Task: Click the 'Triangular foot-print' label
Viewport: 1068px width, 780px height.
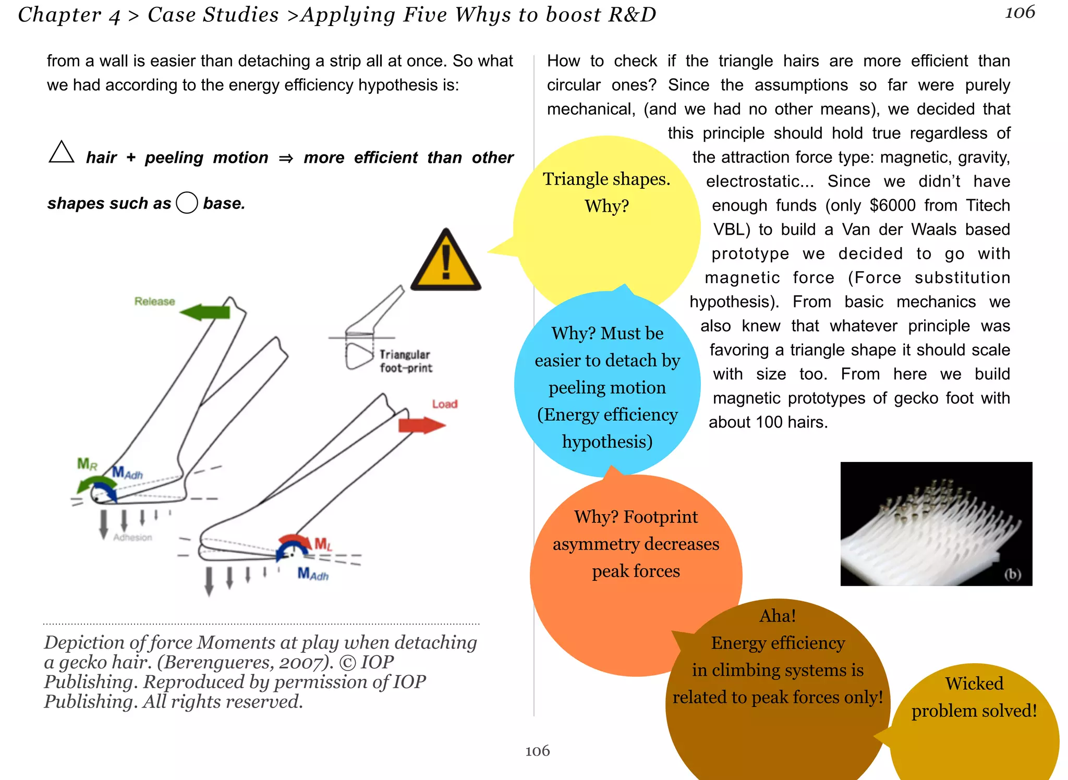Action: point(405,361)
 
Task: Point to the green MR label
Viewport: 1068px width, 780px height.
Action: point(87,464)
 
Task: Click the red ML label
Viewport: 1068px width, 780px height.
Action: point(323,545)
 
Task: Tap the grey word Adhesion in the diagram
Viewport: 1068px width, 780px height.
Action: point(133,537)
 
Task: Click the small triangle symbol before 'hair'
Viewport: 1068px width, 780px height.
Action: point(62,153)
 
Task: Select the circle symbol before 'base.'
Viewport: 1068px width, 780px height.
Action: point(187,203)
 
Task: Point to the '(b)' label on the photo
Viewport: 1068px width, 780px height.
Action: point(1013,574)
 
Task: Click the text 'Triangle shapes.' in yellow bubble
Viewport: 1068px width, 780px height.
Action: point(606,179)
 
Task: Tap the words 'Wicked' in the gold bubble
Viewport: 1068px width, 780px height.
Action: point(974,684)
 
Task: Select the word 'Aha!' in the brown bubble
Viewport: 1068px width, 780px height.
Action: point(778,616)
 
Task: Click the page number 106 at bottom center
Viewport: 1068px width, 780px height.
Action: point(537,751)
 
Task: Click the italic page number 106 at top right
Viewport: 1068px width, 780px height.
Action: point(1020,13)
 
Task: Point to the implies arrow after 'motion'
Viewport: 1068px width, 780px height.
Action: point(286,158)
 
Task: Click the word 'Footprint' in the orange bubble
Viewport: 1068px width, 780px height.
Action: point(660,517)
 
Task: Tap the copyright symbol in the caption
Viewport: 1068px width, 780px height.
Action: point(347,662)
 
